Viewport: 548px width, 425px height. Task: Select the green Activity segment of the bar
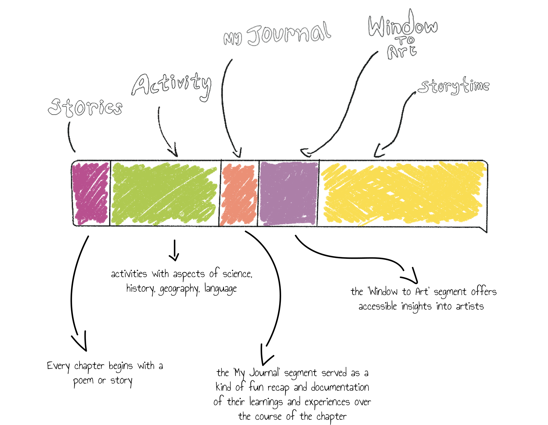click(164, 193)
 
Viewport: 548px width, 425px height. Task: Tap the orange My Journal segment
click(239, 193)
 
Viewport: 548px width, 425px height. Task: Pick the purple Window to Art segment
click(289, 193)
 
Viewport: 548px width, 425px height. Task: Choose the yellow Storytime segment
click(402, 193)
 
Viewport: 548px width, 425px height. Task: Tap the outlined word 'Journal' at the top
click(289, 34)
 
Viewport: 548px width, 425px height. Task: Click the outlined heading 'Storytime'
click(454, 86)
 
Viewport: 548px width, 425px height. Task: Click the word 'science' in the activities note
click(237, 274)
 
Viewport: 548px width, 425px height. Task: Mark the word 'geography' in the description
click(179, 289)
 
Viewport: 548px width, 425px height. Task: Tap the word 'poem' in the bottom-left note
click(83, 381)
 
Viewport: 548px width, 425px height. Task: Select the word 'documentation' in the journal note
click(340, 387)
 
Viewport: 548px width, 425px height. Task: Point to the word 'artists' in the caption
click(470, 306)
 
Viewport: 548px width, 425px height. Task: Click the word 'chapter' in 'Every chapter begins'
click(89, 366)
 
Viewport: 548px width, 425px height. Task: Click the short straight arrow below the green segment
click(174, 250)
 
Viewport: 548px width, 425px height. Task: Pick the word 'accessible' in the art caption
click(378, 306)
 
